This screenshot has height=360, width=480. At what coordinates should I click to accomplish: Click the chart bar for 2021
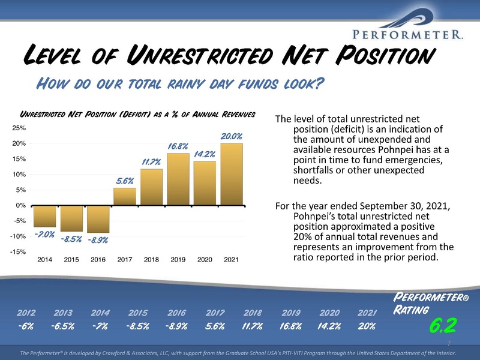(x=232, y=174)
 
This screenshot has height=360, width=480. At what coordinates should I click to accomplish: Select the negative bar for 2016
(x=98, y=219)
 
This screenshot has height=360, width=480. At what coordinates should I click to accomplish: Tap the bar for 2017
(x=125, y=197)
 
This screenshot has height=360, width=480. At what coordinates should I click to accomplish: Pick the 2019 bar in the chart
(x=178, y=179)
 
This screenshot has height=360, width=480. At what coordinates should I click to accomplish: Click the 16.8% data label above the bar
(x=178, y=146)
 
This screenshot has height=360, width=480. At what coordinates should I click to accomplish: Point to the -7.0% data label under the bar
(x=44, y=235)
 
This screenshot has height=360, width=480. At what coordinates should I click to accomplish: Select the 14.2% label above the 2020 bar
(x=205, y=154)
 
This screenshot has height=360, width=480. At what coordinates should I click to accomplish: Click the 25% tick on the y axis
(x=19, y=128)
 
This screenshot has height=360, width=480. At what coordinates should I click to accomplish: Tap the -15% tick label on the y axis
(x=18, y=252)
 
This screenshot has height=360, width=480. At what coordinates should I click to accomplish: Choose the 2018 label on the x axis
(x=151, y=260)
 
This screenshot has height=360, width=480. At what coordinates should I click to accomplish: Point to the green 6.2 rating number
(x=443, y=325)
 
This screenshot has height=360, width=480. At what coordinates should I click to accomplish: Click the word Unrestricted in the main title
(x=200, y=55)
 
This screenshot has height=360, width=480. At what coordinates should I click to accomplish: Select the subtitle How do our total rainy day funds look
(x=180, y=83)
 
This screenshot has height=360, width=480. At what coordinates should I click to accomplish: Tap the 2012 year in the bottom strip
(x=26, y=313)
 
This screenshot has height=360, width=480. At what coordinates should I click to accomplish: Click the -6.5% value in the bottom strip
(x=63, y=326)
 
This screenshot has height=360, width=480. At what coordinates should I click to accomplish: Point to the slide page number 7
(x=449, y=343)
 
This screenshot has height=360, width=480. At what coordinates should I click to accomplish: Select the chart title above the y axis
(x=137, y=115)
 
